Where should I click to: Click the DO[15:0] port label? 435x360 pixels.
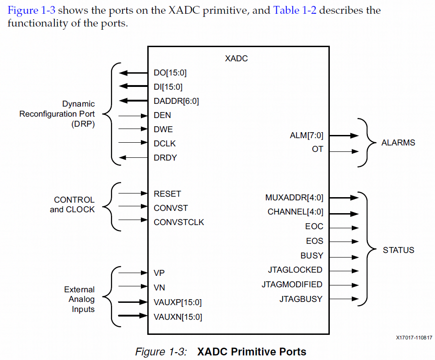[170, 73]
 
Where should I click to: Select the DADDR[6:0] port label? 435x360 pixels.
[176, 101]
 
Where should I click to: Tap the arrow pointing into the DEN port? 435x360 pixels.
[133, 115]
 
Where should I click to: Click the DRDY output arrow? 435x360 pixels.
[133, 158]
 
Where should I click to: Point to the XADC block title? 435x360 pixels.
[236, 59]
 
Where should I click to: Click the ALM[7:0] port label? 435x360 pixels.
[306, 135]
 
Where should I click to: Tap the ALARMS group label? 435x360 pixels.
[398, 143]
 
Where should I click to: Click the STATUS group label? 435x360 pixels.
[398, 250]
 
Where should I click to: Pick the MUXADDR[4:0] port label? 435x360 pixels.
[294, 198]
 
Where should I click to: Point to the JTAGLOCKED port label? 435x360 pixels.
[295, 270]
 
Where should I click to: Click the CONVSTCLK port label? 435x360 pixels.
[179, 222]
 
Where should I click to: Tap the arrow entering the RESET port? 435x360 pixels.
[133, 193]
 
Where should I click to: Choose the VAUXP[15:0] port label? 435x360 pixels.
[177, 302]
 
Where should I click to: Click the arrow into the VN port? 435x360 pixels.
[133, 287]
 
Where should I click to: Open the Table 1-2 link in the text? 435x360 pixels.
[295, 10]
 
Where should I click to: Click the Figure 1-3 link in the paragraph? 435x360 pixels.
[32, 10]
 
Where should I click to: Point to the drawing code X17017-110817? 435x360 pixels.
[414, 338]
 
